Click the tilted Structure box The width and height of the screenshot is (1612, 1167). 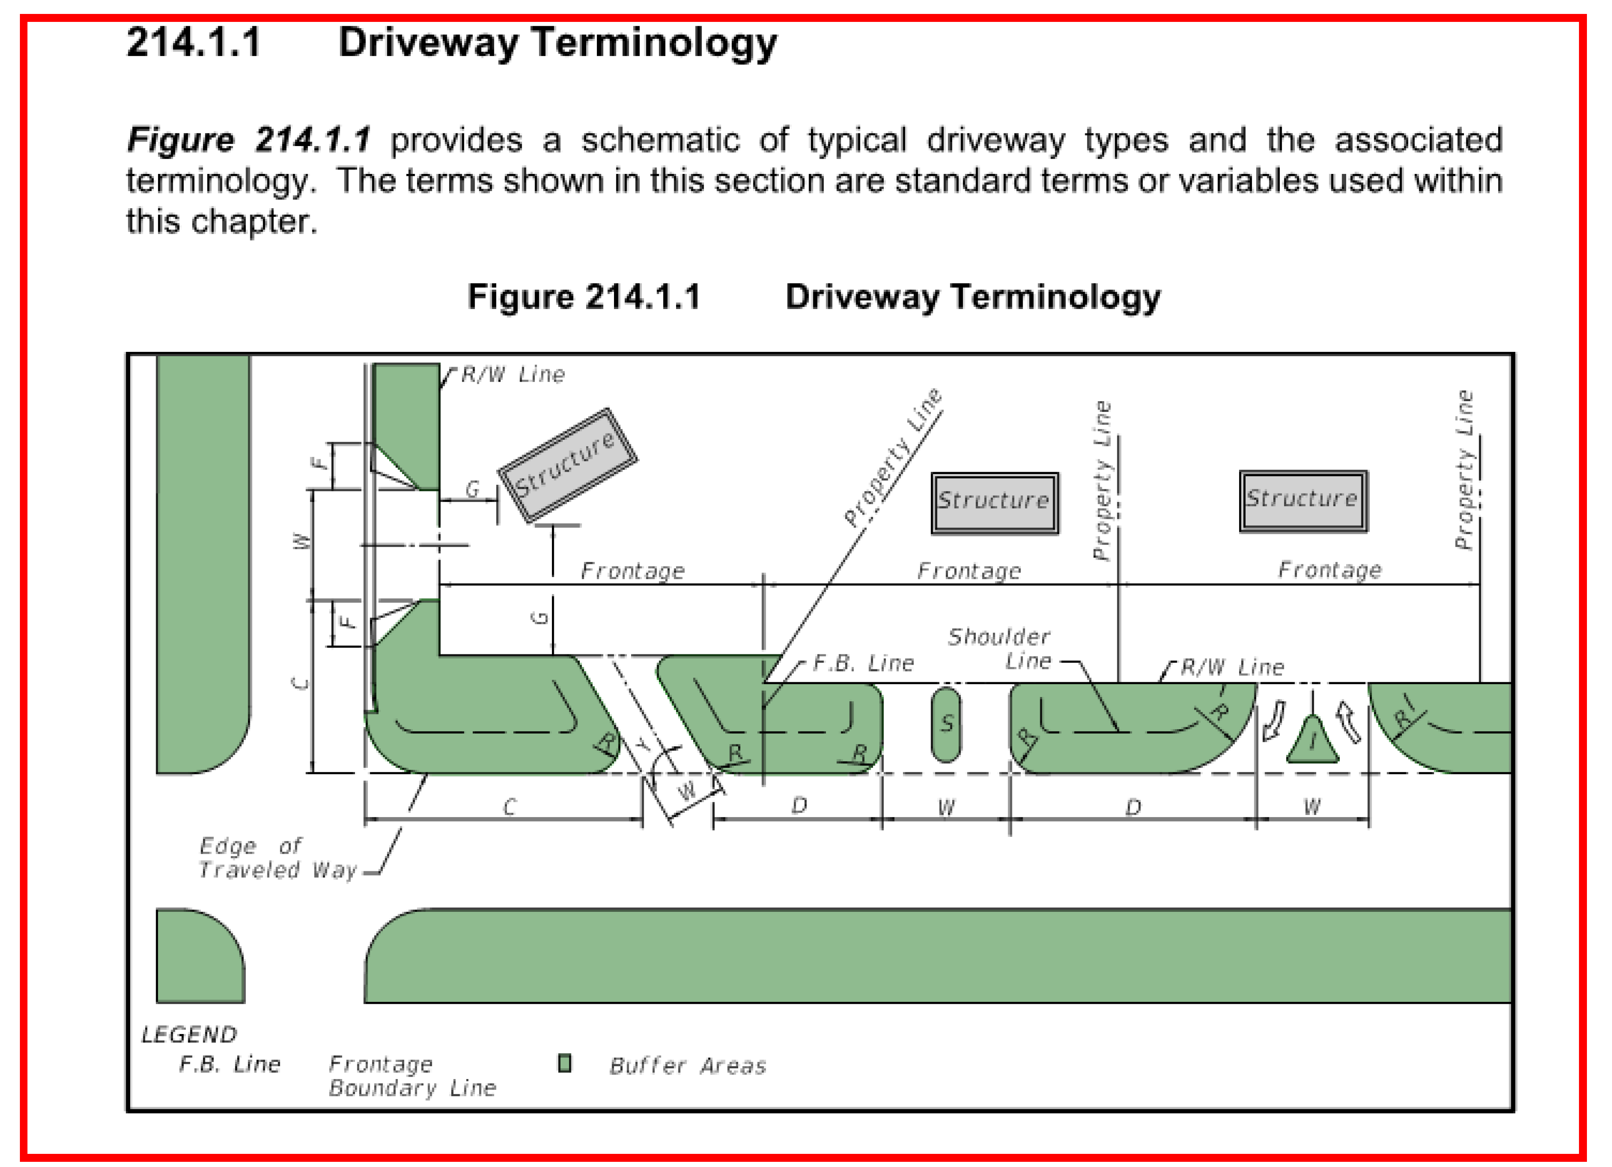coord(567,466)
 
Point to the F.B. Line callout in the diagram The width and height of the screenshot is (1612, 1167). coord(863,663)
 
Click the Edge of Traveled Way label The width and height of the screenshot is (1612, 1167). coord(277,858)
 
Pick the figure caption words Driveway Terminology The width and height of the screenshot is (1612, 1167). coord(972,297)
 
